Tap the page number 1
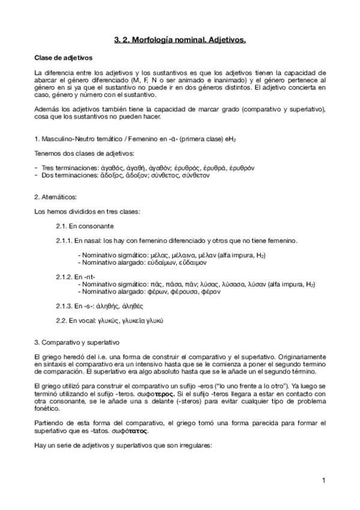323,480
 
